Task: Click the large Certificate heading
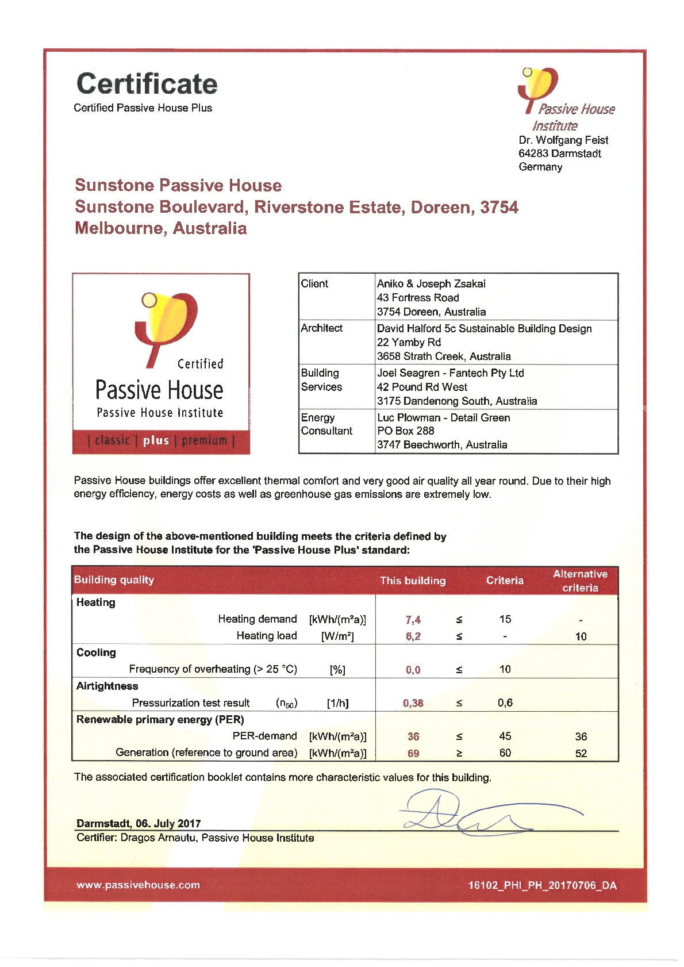147,84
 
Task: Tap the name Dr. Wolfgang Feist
563,140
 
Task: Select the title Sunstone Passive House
178,185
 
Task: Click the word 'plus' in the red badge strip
156,441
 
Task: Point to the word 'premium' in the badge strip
204,441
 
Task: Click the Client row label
314,283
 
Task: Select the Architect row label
321,328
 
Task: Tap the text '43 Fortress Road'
418,298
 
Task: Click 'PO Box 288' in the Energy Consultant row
405,431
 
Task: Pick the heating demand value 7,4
413,620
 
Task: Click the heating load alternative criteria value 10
581,636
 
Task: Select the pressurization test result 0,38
413,703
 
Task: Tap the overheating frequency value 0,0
413,670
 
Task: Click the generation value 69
413,753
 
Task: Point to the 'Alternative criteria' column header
580,581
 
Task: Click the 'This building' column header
413,581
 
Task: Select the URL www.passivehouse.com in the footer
138,885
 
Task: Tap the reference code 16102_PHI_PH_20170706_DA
542,885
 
